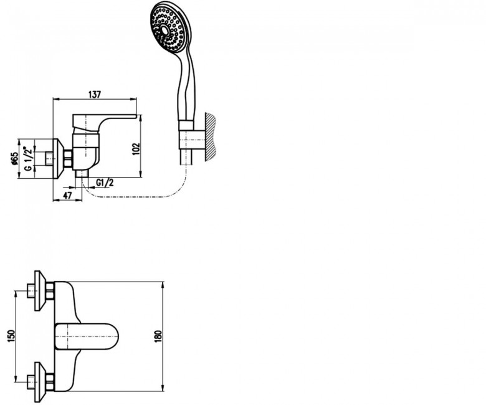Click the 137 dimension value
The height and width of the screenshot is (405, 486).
click(x=95, y=94)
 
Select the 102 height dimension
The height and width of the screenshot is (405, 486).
click(x=136, y=150)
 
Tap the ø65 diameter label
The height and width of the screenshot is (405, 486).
click(x=14, y=158)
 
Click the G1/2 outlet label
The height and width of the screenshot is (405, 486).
click(x=105, y=183)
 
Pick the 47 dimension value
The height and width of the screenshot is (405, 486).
click(x=67, y=196)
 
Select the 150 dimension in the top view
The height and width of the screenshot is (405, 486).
click(x=11, y=336)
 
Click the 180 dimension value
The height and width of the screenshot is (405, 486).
click(x=158, y=336)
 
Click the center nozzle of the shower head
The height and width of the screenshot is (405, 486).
click(x=164, y=31)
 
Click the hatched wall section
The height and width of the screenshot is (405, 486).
click(x=209, y=137)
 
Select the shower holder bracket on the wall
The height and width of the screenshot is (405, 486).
click(x=191, y=140)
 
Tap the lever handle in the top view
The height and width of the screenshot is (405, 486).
click(x=87, y=337)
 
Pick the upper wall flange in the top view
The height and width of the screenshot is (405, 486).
click(x=40, y=290)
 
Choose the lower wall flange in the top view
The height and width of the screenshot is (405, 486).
click(x=40, y=382)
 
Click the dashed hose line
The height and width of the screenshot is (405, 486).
click(x=136, y=197)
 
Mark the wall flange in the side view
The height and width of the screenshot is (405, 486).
click(x=59, y=158)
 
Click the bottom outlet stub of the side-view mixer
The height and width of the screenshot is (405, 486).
click(x=82, y=174)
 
